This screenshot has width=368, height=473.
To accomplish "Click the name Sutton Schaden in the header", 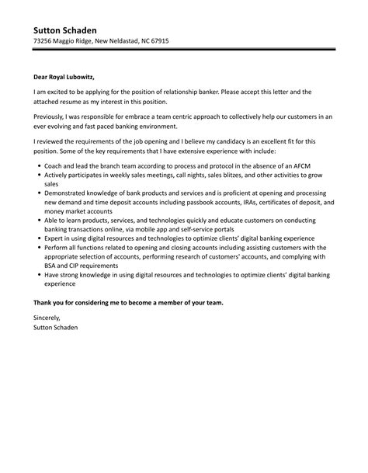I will click(x=68, y=29).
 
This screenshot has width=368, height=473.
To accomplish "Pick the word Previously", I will click(x=50, y=117).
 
